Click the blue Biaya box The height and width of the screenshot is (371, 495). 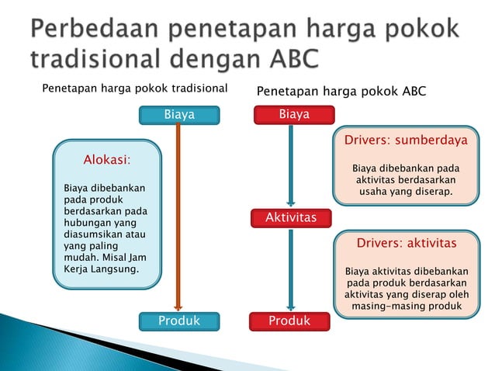(178, 116)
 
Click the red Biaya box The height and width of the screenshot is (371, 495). (294, 115)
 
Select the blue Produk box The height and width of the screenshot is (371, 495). (178, 321)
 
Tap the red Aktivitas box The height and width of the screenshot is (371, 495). (291, 218)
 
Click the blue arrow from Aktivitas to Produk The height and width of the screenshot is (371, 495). (291, 268)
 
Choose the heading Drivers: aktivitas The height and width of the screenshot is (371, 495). (406, 244)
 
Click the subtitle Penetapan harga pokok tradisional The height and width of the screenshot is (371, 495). (134, 88)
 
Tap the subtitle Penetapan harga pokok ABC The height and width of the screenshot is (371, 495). (341, 92)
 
